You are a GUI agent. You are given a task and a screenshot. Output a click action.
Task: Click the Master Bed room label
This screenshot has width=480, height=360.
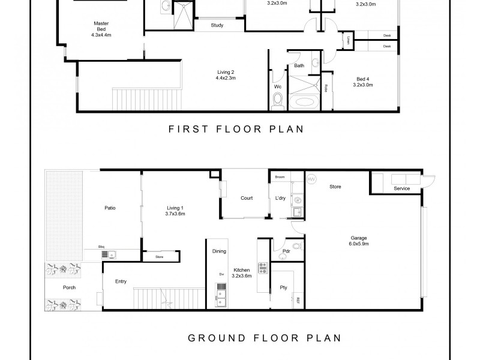click(x=101, y=28)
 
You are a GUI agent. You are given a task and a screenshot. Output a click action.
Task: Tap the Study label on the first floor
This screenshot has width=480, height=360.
click(x=217, y=25)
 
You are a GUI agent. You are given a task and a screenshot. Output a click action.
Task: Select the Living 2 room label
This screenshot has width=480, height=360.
click(x=226, y=75)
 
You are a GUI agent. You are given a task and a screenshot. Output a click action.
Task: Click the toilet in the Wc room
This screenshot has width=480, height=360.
click(x=277, y=103)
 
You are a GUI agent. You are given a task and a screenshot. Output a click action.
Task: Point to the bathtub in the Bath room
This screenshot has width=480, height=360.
click(x=305, y=102)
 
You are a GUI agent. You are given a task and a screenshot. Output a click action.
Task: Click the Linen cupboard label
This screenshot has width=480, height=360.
click(x=348, y=41)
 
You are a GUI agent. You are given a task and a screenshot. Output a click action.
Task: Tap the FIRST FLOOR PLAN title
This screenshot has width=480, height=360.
click(x=236, y=128)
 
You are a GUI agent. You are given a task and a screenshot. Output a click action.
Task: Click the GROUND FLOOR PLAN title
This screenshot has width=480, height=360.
click(x=265, y=337)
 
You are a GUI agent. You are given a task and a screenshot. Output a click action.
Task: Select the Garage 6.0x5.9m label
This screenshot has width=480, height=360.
click(x=359, y=241)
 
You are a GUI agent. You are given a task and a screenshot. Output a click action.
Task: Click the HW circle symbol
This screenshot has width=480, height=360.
click(x=311, y=179)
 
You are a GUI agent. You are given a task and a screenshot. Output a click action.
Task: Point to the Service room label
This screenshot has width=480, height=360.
click(x=402, y=189)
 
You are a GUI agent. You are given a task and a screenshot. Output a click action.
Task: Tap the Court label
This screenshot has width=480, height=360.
click(x=246, y=198)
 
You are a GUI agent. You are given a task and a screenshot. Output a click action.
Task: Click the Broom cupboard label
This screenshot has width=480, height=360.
click(x=280, y=178)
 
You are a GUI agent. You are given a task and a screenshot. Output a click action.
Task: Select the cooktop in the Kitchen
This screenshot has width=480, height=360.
click(x=262, y=268)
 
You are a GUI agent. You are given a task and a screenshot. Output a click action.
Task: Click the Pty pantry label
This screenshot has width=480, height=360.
click(x=284, y=288)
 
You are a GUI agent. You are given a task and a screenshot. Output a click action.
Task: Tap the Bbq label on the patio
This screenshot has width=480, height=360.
click(x=102, y=247)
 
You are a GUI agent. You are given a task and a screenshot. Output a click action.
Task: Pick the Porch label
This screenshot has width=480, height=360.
click(x=70, y=287)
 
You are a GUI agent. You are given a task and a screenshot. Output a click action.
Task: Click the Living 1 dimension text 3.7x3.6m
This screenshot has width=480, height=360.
click(x=176, y=214)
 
